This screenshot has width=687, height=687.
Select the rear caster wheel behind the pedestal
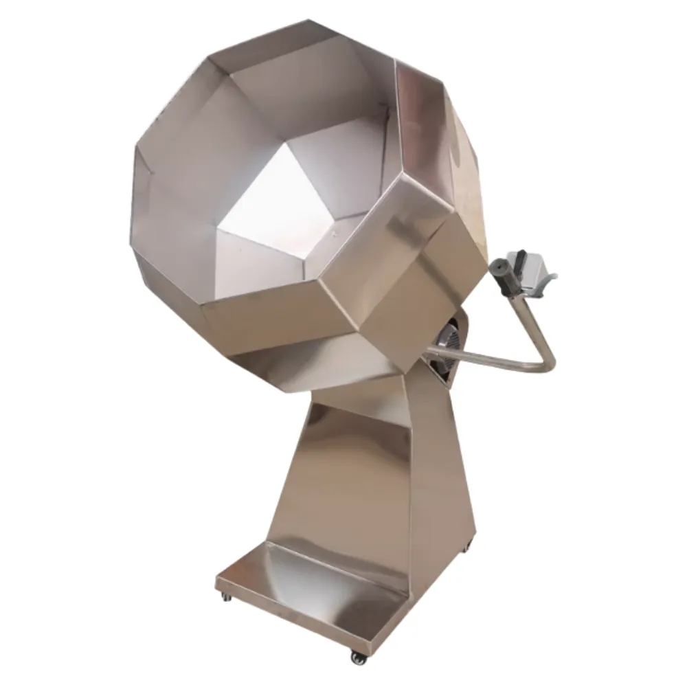[468, 548]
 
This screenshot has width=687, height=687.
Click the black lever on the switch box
[520, 258]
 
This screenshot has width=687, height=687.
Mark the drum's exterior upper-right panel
[440, 137]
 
